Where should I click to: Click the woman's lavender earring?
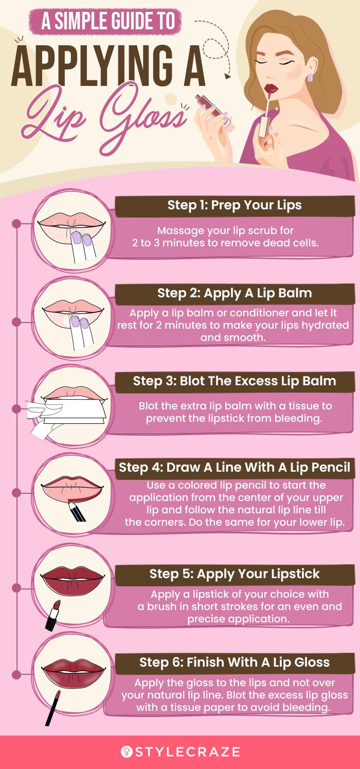tap(310, 78)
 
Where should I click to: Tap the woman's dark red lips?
tap(271, 88)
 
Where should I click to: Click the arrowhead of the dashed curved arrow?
tap(227, 76)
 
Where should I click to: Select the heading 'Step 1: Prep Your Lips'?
tap(235, 205)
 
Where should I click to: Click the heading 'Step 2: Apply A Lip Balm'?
tap(235, 293)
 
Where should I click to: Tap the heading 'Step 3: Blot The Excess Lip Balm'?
tap(235, 381)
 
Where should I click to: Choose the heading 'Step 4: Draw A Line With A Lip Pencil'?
tap(235, 468)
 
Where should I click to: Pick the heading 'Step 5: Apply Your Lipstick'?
tap(235, 574)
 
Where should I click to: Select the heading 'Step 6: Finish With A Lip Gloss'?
tap(235, 662)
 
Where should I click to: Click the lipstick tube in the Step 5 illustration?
tap(52, 615)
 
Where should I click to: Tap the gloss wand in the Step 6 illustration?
tap(53, 708)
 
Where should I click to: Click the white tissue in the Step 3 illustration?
tap(74, 411)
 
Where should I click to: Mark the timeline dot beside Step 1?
tap(16, 224)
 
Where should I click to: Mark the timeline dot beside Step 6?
tap(16, 675)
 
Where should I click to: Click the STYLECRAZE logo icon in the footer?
tap(127, 752)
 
